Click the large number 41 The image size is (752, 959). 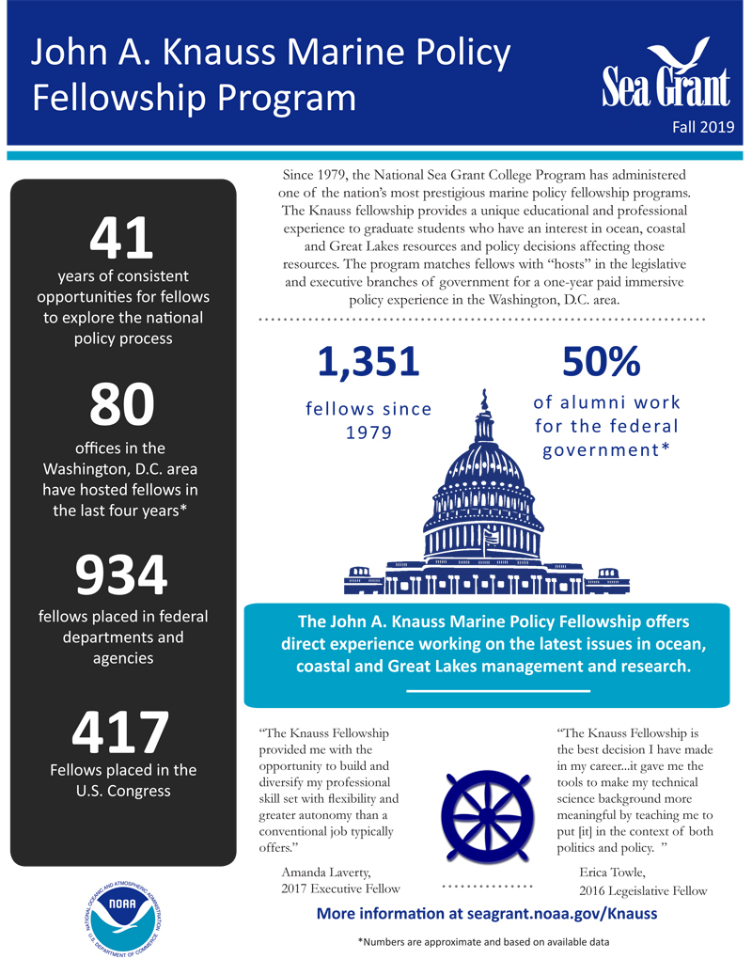click(122, 239)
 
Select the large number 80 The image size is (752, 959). click(122, 403)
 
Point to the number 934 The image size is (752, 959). click(122, 575)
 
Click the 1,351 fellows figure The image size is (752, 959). click(368, 362)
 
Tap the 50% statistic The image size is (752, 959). click(601, 362)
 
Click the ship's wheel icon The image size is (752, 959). click(480, 807)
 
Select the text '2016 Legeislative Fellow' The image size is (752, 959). click(644, 889)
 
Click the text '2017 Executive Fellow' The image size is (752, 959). click(340, 888)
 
